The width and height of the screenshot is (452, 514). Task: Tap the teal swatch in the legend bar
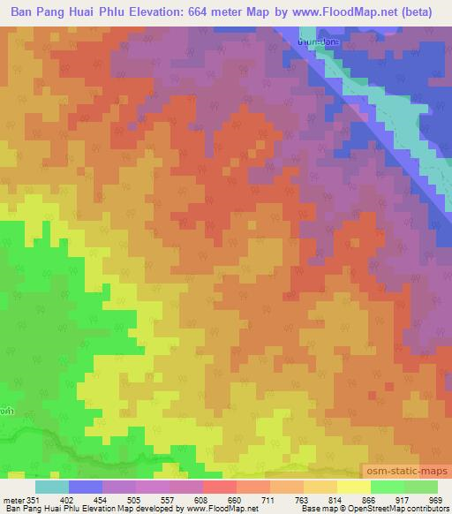[52, 487]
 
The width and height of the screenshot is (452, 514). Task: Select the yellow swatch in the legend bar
[353, 487]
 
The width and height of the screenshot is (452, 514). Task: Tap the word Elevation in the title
[179, 12]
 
